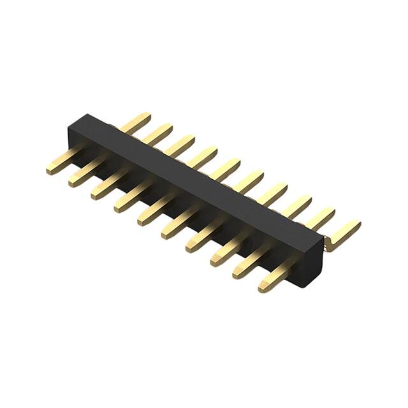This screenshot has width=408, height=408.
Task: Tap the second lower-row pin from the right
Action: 249,266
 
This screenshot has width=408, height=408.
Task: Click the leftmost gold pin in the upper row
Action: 137,122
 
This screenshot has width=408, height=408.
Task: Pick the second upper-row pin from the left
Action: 159,133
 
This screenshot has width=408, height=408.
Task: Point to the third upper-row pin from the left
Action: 180,145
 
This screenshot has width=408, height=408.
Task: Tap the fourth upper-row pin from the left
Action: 203,156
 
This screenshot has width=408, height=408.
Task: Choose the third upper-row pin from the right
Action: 295,205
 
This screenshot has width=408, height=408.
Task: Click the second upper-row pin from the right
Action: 319,218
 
